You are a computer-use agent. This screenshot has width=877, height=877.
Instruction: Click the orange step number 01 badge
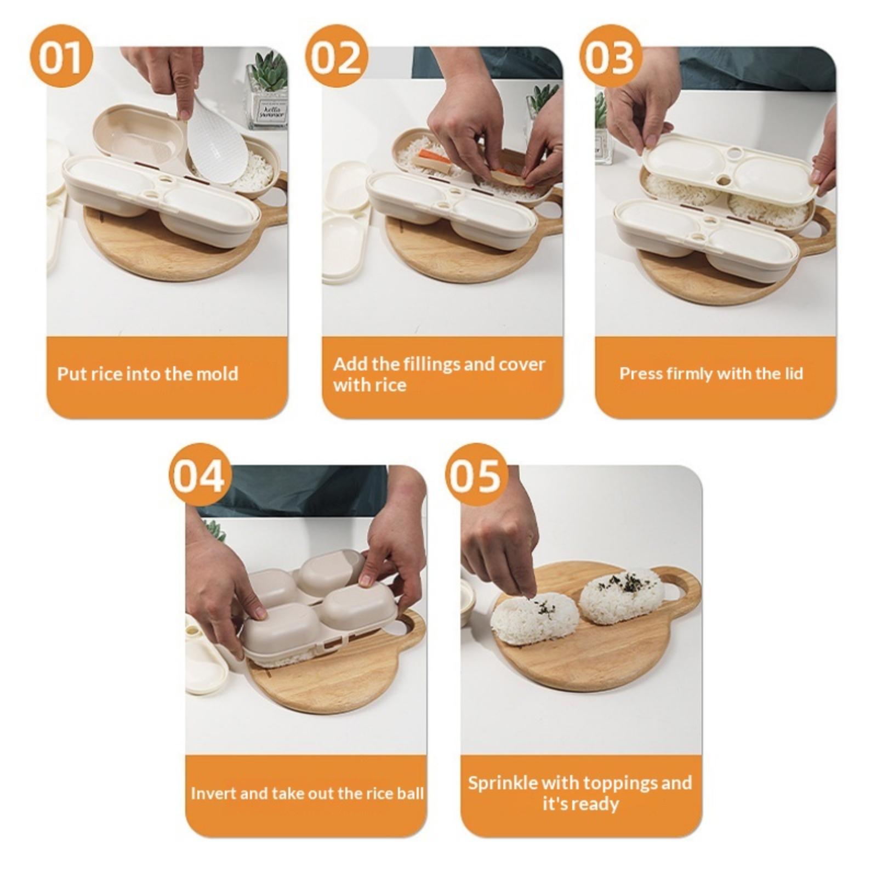(61, 57)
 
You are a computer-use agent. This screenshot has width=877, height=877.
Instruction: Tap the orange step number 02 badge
(336, 57)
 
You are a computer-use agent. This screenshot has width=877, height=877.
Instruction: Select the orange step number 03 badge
(610, 57)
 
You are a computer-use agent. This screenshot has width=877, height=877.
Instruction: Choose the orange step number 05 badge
(474, 475)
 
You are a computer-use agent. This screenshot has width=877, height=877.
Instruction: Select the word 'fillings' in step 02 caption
(432, 365)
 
